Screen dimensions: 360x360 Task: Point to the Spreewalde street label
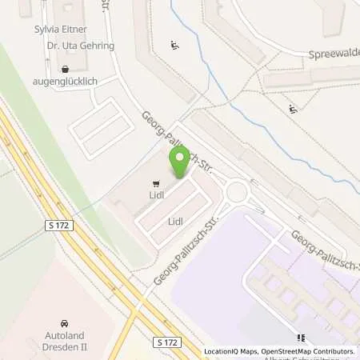click(333, 54)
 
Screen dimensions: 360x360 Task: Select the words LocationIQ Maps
click(232, 351)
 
